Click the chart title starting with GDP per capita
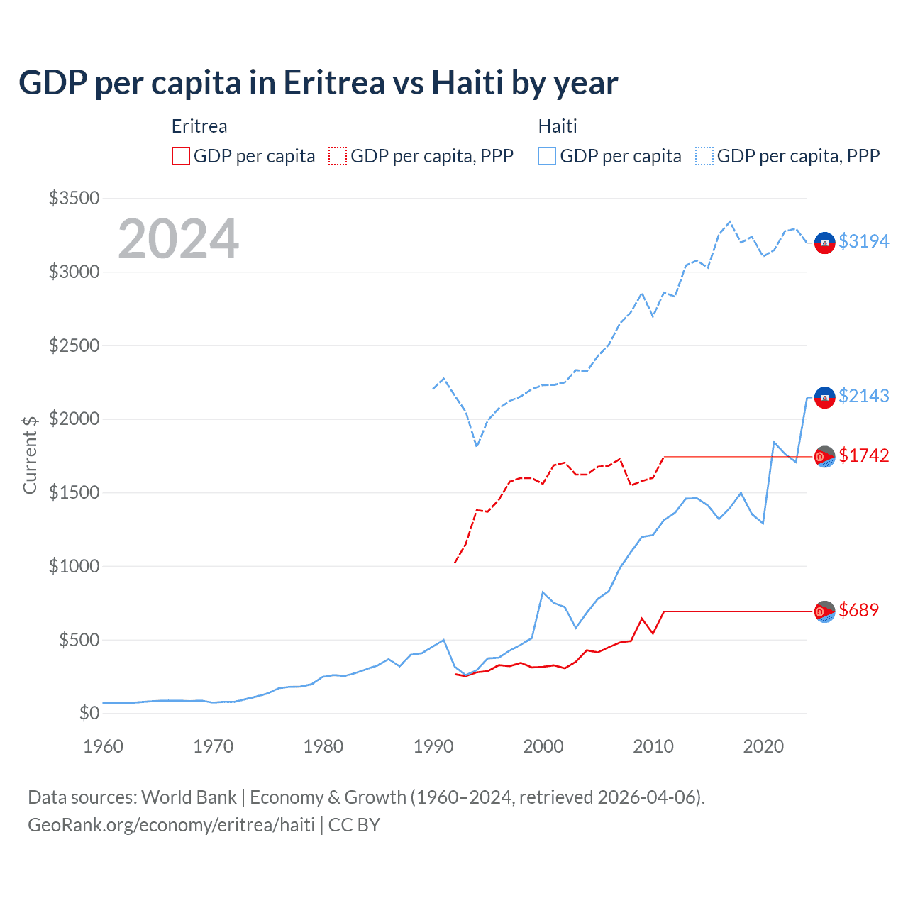319,83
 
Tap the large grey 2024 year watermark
178,239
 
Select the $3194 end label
863,241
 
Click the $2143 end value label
863,396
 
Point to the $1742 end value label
863,455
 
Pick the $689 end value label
858,610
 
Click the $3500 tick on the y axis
74,198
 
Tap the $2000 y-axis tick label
74,419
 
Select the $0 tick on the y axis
89,713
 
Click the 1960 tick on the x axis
104,746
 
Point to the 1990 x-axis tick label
433,746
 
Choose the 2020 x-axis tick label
763,746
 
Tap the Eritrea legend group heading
199,126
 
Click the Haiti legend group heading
558,126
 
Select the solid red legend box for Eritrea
181,156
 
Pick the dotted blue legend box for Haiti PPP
704,156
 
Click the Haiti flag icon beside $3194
824,243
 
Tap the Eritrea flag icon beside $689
824,611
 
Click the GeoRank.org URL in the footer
171,825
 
